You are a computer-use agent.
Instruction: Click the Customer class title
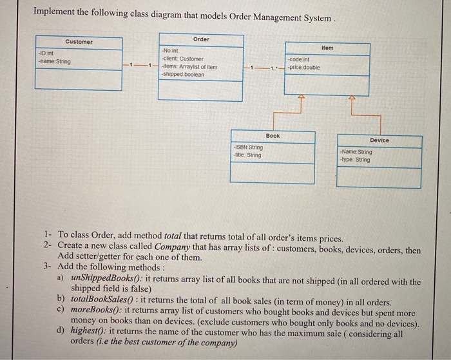[x=79, y=42]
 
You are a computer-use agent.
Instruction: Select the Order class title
[x=201, y=39]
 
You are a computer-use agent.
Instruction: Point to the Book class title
[x=273, y=136]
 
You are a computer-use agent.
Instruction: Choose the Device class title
[x=379, y=140]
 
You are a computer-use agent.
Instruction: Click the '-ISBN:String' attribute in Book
[x=249, y=147]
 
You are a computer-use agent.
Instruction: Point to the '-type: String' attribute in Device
[x=355, y=159]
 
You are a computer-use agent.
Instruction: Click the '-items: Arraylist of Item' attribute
[x=189, y=66]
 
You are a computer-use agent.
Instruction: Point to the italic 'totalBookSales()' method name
[x=100, y=301]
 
